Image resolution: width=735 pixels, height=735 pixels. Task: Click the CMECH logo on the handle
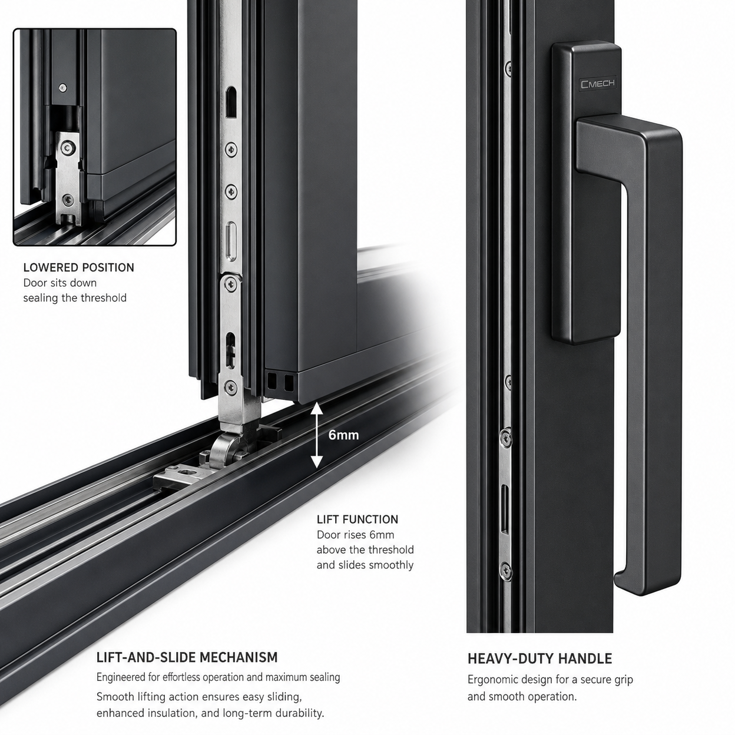click(x=598, y=84)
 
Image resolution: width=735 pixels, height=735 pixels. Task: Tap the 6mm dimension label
click(x=344, y=435)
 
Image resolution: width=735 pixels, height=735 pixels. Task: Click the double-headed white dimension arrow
click(x=317, y=436)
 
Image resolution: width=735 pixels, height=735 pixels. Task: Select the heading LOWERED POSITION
click(x=78, y=268)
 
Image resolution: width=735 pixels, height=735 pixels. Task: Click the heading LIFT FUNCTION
click(x=357, y=519)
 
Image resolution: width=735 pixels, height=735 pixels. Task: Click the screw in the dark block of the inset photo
click(x=62, y=88)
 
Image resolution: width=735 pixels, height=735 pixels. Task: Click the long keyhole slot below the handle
click(x=505, y=509)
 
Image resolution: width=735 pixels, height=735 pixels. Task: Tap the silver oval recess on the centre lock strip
click(x=231, y=241)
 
